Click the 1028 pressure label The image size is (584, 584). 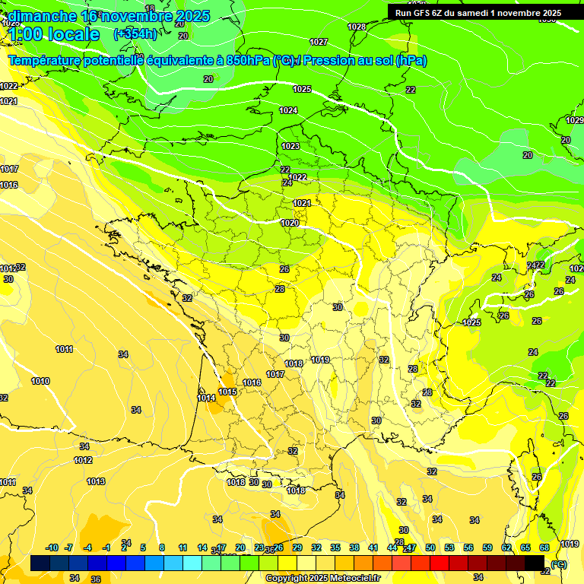tap(356, 27)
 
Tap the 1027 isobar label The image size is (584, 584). tap(319, 42)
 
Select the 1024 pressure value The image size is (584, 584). tap(288, 110)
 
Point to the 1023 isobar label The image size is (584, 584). tap(290, 146)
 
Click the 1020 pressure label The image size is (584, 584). tap(289, 223)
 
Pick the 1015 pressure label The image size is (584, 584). tap(227, 392)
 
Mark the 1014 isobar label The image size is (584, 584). tap(206, 398)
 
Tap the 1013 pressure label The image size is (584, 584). tap(96, 481)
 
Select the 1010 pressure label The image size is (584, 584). tap(40, 381)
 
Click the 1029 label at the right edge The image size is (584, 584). tap(574, 120)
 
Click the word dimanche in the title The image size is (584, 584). tap(42, 16)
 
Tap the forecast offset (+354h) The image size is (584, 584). tap(135, 34)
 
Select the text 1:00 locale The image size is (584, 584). tap(54, 34)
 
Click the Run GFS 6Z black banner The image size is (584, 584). tap(478, 12)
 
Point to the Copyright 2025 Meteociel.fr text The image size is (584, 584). tap(323, 578)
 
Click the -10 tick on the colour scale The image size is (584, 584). tap(52, 547)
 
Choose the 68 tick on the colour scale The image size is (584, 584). tap(544, 547)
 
